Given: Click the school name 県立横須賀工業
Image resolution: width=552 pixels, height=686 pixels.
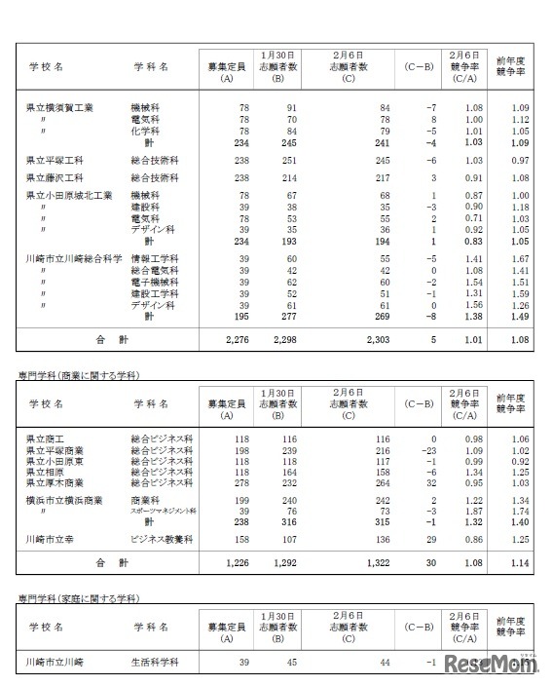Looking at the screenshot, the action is point(60,106).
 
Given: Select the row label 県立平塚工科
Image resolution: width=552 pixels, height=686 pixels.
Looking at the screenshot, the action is point(55,159).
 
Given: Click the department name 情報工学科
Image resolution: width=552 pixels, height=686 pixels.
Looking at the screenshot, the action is point(154,258).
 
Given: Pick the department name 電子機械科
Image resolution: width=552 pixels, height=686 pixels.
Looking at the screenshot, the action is point(154,282).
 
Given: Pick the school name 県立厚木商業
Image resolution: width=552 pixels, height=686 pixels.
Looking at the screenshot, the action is point(55,481).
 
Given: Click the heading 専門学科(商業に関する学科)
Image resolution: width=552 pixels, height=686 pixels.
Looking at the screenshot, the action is point(79,375).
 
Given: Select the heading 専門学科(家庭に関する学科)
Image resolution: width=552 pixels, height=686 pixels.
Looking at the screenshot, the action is point(79,596).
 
